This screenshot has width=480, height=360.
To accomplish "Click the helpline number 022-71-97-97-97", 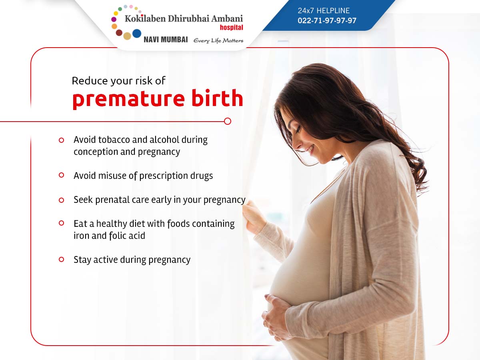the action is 327,20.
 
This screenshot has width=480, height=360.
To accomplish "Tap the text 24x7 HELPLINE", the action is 324,10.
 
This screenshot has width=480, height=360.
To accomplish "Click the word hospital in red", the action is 231,28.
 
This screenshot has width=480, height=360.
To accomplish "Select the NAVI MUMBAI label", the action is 166,40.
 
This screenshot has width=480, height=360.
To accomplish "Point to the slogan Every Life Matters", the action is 218,41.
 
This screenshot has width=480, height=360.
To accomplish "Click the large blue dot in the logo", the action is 137,34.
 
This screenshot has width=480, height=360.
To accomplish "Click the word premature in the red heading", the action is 128,98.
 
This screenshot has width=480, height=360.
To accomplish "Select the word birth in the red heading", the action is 217,97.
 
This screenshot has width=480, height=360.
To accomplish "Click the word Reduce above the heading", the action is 90,81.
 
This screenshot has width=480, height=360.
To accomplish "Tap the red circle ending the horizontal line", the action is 228,121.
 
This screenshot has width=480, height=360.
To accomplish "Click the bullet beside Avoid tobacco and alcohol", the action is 62,140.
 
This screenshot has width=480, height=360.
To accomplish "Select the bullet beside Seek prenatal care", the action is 62,200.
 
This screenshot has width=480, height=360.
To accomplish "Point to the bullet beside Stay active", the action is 62,260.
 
